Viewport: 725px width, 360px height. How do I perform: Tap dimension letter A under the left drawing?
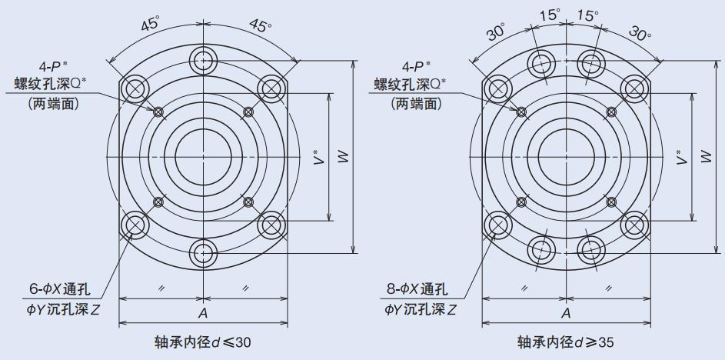click(203, 313)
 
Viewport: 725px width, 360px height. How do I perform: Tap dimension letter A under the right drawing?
click(566, 313)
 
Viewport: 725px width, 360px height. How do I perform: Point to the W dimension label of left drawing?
click(343, 158)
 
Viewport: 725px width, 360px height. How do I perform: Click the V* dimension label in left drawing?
click(318, 158)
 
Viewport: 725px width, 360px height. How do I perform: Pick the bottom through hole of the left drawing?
click(204, 252)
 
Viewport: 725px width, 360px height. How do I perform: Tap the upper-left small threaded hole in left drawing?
click(158, 112)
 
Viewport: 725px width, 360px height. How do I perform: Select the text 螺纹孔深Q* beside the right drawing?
click(410, 83)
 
